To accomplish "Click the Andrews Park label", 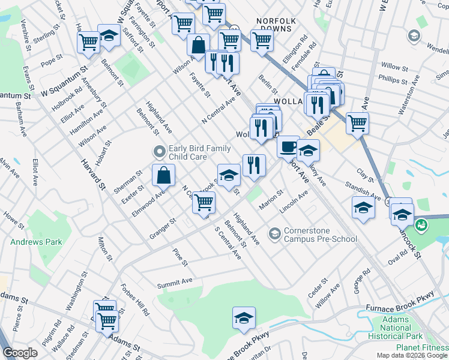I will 36,242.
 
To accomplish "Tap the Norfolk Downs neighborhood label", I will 276,25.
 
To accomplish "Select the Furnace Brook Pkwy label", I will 399,308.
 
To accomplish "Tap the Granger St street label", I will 163,229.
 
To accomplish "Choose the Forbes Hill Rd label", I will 134,299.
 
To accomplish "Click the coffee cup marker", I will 288,146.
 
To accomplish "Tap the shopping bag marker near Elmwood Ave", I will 163,175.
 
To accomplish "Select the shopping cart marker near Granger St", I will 204,203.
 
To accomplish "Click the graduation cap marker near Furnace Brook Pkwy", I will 244,317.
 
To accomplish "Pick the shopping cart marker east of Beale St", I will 357,123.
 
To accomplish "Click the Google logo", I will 20,353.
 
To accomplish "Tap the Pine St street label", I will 180,257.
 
